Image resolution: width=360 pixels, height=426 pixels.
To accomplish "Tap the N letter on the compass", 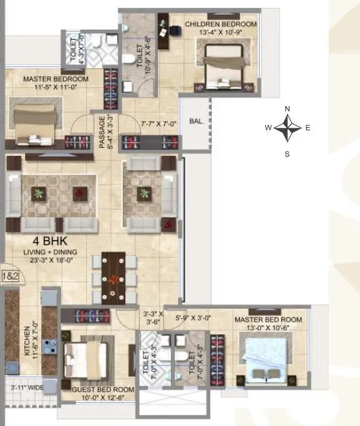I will coord(287,109).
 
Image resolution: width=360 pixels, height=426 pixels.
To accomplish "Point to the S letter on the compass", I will coord(287,153).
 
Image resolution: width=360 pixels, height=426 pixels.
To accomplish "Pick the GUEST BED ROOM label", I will coord(99,390).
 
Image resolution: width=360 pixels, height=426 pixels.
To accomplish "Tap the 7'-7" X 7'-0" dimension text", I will coord(160,124).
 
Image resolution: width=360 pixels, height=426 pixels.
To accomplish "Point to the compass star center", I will coord(287,130).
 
